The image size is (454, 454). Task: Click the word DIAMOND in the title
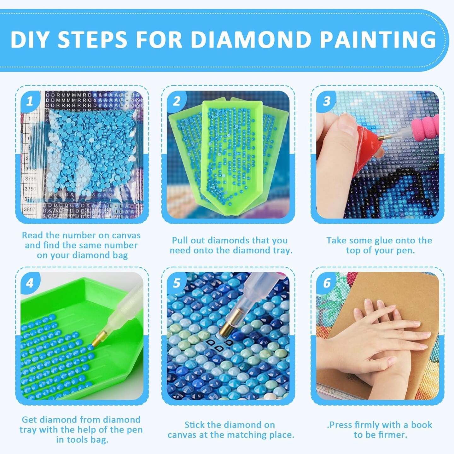(251, 39)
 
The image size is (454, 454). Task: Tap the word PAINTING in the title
(378, 39)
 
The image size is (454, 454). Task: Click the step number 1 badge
(30, 101)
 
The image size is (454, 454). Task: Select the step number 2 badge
(177, 101)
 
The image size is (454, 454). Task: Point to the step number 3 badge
(327, 101)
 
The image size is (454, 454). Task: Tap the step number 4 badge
(30, 283)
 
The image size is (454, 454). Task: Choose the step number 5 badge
(177, 283)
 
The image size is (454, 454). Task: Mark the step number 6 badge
(327, 283)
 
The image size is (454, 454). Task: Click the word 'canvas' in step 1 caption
(126, 236)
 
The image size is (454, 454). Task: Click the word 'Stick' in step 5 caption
(195, 425)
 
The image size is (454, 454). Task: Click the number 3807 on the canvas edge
(30, 209)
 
